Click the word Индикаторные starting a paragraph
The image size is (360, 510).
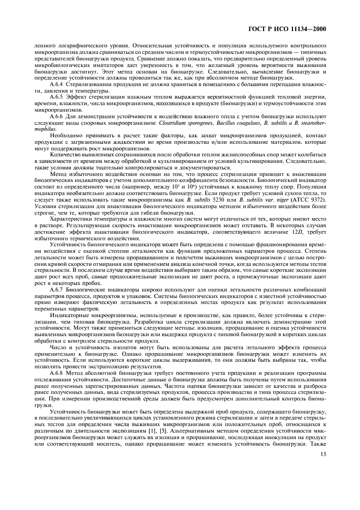[x=67, y=314]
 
